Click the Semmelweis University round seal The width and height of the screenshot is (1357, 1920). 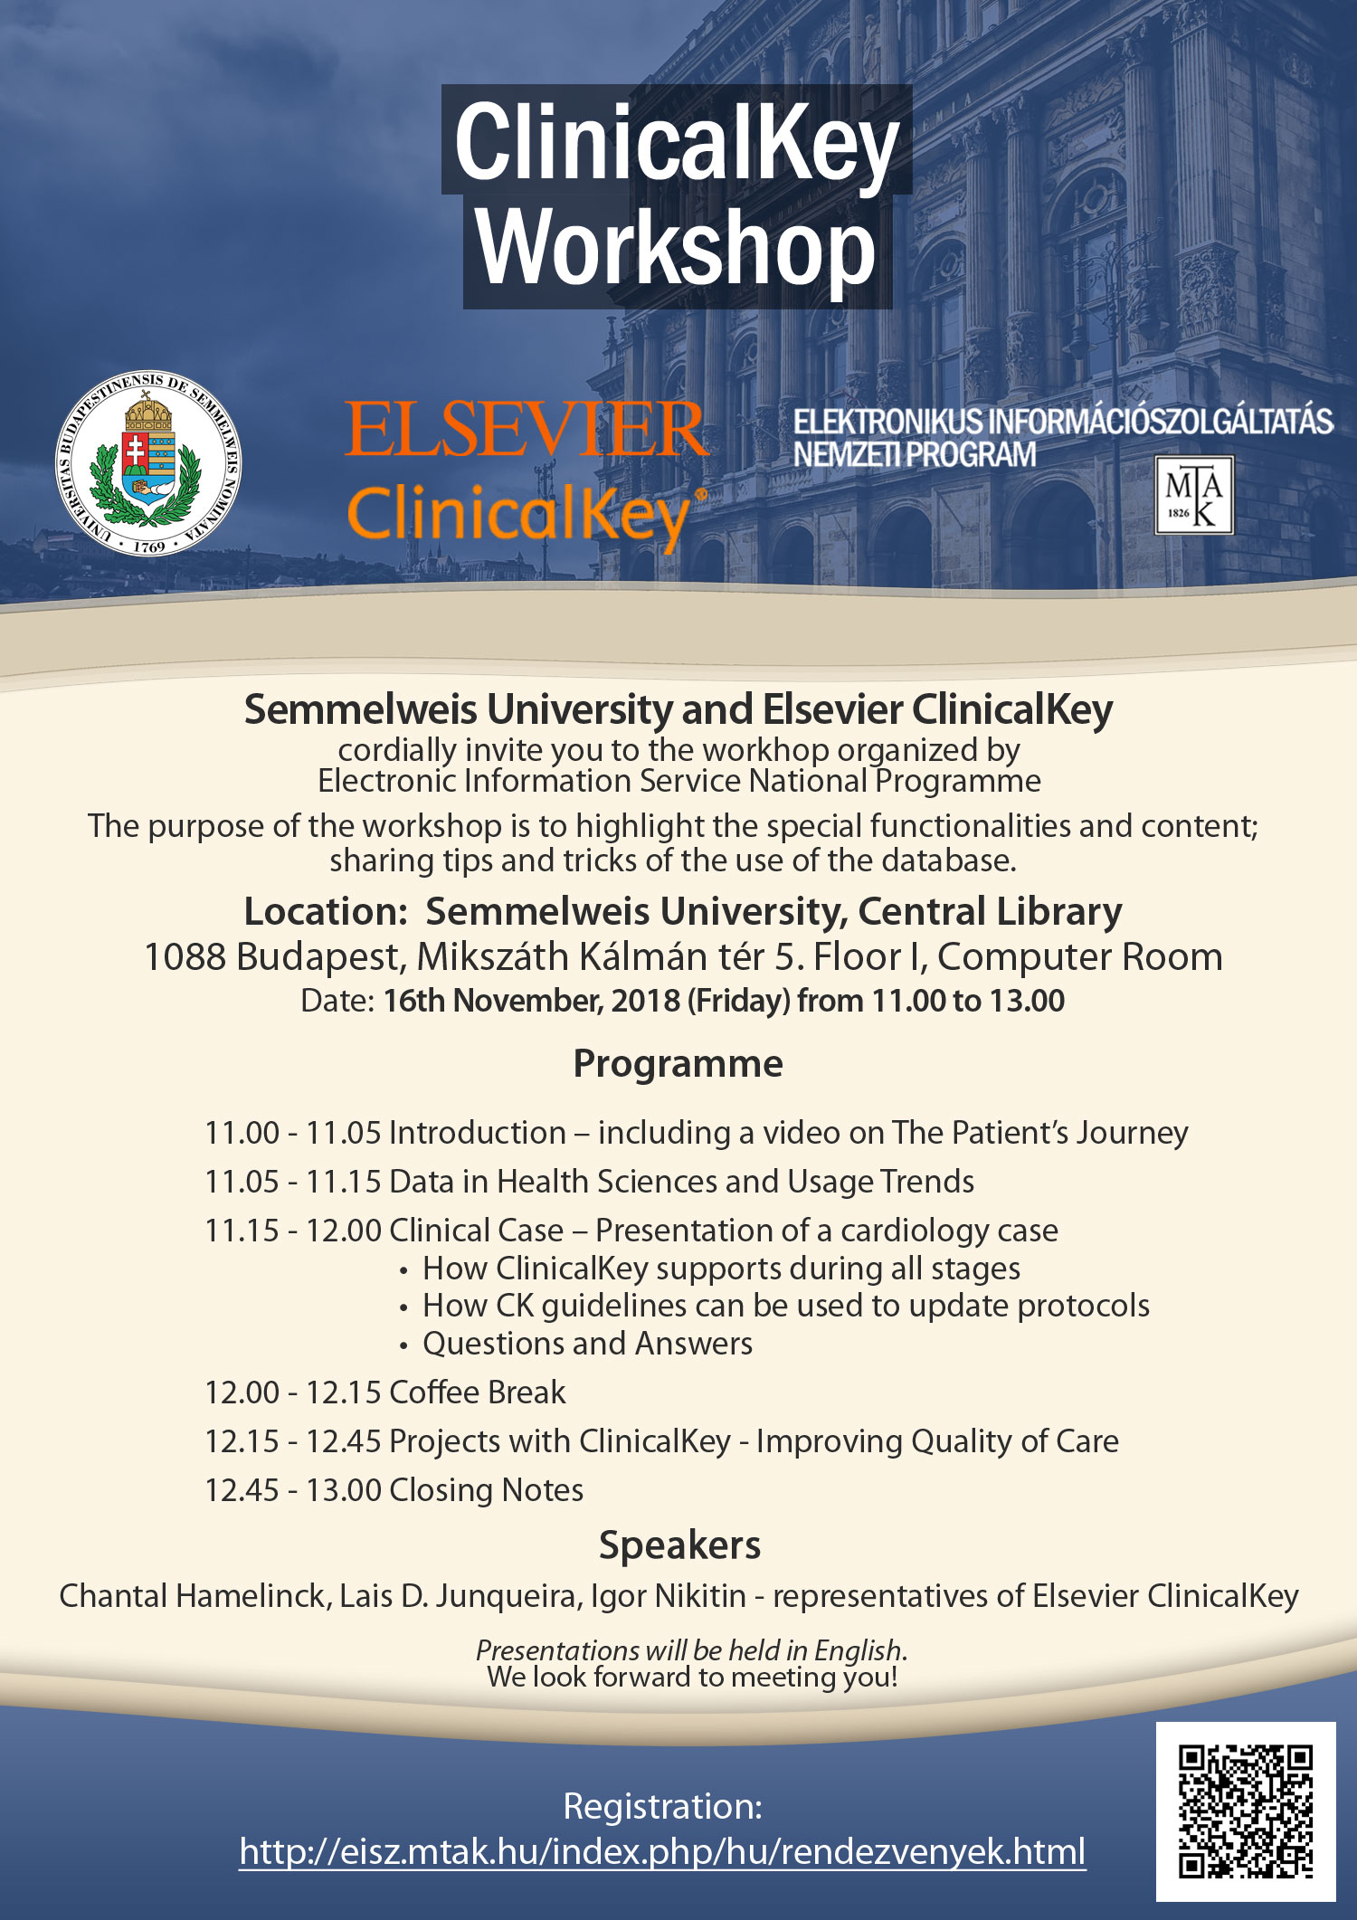click(x=148, y=461)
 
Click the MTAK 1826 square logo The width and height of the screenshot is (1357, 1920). click(x=1193, y=495)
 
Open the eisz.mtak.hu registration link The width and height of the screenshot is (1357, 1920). click(x=662, y=1851)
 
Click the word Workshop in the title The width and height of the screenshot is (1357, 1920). click(x=677, y=249)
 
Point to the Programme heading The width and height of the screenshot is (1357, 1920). click(x=678, y=1064)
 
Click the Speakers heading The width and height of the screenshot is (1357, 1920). click(x=679, y=1545)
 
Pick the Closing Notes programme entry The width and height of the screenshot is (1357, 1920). click(x=486, y=1490)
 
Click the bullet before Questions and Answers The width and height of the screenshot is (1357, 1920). click(x=403, y=1346)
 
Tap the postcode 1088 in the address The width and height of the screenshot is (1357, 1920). click(x=185, y=957)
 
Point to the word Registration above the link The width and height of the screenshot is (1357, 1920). click(x=662, y=1806)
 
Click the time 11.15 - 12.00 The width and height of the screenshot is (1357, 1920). click(x=293, y=1231)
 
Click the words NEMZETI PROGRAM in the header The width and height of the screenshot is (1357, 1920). click(x=914, y=454)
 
